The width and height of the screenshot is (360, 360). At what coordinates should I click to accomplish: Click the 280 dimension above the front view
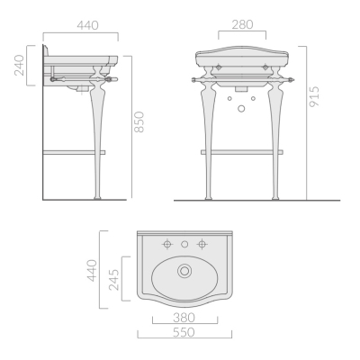[x=242, y=24]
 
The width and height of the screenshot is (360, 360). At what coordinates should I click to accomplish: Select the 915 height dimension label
[x=315, y=96]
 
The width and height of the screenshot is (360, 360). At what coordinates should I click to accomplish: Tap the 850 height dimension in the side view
[x=139, y=122]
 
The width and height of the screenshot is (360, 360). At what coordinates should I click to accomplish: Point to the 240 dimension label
[x=19, y=65]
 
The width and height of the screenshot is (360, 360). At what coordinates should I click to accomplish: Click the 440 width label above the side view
[x=87, y=25]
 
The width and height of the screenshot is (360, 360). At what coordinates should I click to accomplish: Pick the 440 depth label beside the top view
[x=92, y=271]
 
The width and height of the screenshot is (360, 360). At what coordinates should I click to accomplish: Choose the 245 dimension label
[x=113, y=280]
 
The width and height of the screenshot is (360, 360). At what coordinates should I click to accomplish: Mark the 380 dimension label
[x=184, y=318]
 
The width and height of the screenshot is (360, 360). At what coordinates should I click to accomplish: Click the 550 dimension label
[x=184, y=332]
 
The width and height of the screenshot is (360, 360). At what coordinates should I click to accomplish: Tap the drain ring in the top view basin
[x=184, y=271]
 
